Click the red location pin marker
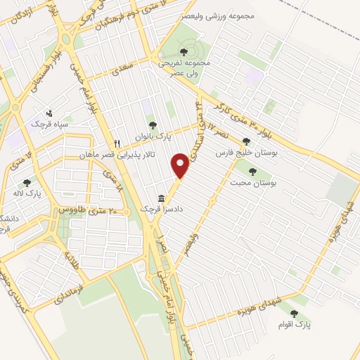coord(181,166)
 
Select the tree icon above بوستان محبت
coord(253,171)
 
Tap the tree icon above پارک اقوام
coord(294,314)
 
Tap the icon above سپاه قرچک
coord(49,112)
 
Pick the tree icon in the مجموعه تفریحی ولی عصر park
coord(184,51)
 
